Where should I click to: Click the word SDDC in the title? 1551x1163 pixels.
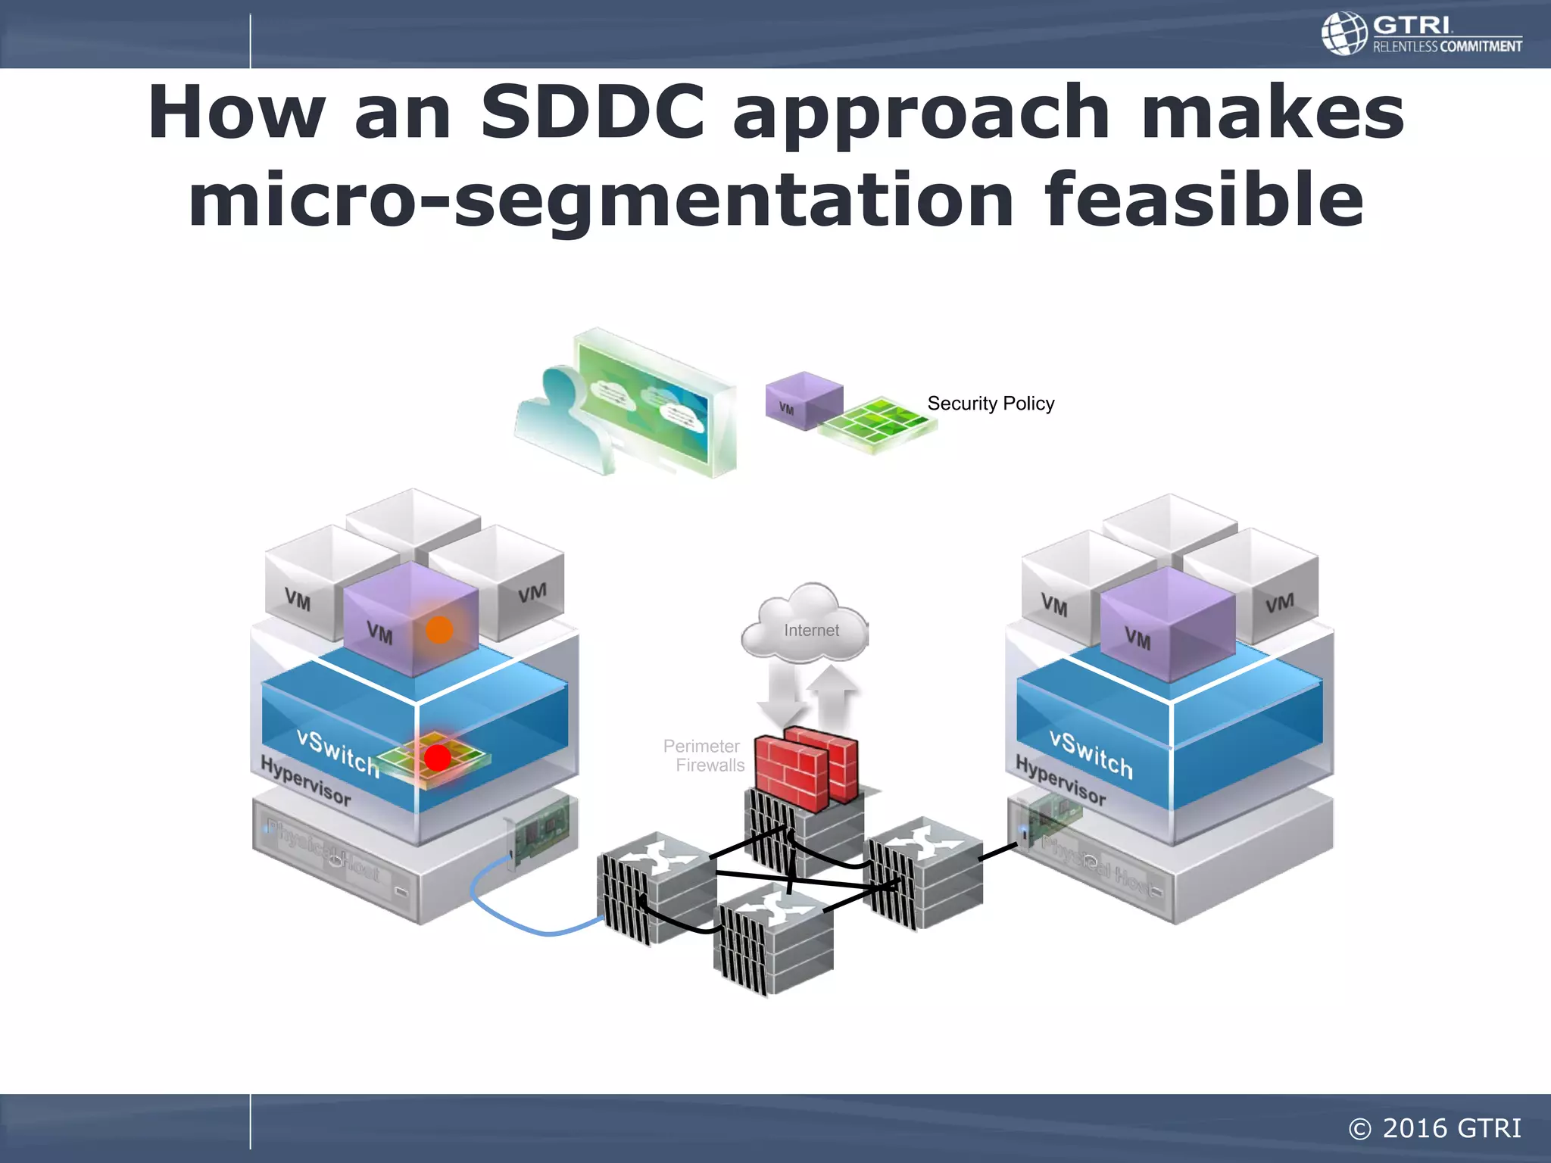point(593,114)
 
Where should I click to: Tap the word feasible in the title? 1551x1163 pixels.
point(1203,200)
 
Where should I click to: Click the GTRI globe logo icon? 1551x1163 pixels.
point(1344,33)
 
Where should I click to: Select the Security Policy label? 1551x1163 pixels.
point(991,404)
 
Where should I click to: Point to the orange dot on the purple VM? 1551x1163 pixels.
point(439,629)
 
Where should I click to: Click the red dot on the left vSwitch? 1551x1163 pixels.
point(438,757)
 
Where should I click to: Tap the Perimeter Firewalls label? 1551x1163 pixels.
point(704,756)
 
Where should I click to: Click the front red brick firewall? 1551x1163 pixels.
point(791,772)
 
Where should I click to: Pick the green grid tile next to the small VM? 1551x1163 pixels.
point(878,424)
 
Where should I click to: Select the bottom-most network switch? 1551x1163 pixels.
point(772,939)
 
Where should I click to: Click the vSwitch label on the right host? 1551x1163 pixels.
point(1091,753)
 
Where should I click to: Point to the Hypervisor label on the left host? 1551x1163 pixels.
point(305,781)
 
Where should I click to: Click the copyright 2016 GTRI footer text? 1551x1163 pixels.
point(1434,1128)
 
